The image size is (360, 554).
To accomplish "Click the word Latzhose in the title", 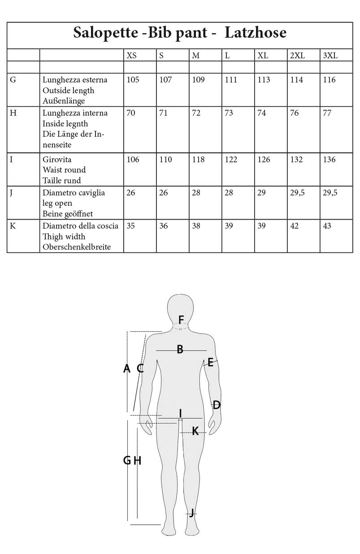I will (x=255, y=33).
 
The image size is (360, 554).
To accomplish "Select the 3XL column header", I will (x=330, y=56).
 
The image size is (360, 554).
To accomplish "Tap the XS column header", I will (x=132, y=56).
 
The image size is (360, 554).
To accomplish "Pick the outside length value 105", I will (x=133, y=80).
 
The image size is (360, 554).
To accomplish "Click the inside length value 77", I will (x=327, y=113).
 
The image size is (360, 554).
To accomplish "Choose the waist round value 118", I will (x=199, y=160).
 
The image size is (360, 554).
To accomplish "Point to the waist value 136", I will (x=329, y=160).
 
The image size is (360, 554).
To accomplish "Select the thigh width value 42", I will (x=295, y=226).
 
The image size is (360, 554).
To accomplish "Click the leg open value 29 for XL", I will (x=261, y=193).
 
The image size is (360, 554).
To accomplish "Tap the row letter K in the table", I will (x=13, y=226).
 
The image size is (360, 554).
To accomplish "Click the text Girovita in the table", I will (x=57, y=160).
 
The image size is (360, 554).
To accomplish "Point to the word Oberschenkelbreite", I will (x=77, y=247).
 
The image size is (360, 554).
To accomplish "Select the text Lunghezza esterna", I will (x=75, y=80).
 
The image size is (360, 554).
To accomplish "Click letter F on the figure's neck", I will (x=181, y=320).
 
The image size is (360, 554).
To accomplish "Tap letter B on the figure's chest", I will (x=180, y=350).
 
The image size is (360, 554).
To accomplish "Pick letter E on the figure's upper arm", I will (x=210, y=363).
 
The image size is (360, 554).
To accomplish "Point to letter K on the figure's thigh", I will (x=195, y=431).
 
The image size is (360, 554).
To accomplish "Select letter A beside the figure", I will (x=127, y=368).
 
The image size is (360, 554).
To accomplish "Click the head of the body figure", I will (x=180, y=307).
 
